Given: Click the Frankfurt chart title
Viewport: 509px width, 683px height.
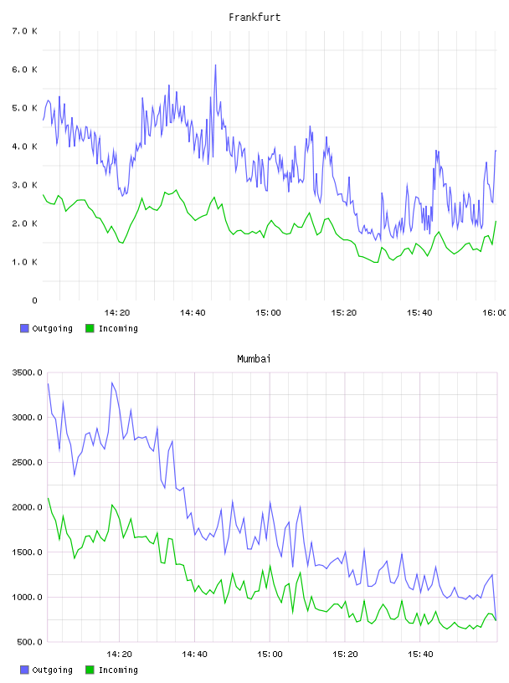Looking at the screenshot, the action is [x=254, y=17].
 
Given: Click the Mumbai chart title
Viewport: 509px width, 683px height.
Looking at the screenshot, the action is [x=254, y=358].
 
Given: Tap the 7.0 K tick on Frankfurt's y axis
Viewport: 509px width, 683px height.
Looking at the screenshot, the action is [x=25, y=31].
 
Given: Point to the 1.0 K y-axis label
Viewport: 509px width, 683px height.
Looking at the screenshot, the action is [x=25, y=262].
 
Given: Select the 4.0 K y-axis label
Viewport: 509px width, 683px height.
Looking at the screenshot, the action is [x=25, y=146].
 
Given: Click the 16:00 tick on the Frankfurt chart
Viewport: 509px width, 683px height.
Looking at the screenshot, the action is [x=495, y=312].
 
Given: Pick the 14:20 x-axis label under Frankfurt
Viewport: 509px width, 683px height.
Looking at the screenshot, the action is [x=117, y=312].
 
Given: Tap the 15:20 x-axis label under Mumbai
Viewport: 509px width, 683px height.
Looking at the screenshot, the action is [x=345, y=654].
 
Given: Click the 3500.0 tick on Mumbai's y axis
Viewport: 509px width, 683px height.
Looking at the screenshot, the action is [x=27, y=372].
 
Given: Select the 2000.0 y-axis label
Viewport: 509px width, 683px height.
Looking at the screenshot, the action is [x=27, y=507].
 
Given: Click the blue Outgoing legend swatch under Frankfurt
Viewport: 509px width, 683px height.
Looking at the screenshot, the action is [x=24, y=328].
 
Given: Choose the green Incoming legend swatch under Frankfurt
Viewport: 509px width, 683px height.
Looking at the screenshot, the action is [x=90, y=328].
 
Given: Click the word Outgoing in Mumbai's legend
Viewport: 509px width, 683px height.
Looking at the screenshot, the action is [x=52, y=670].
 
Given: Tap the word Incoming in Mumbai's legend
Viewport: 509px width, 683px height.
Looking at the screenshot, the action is [x=118, y=670].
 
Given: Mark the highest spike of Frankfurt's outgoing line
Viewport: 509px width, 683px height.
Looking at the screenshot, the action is [x=215, y=65].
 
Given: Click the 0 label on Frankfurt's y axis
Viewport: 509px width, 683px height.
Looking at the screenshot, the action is [x=34, y=300].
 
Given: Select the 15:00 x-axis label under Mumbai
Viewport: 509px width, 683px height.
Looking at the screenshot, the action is [x=270, y=654].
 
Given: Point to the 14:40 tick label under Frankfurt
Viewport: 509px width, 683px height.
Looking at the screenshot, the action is [x=193, y=312].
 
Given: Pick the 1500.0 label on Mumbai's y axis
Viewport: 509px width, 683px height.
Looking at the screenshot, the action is [x=27, y=552].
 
